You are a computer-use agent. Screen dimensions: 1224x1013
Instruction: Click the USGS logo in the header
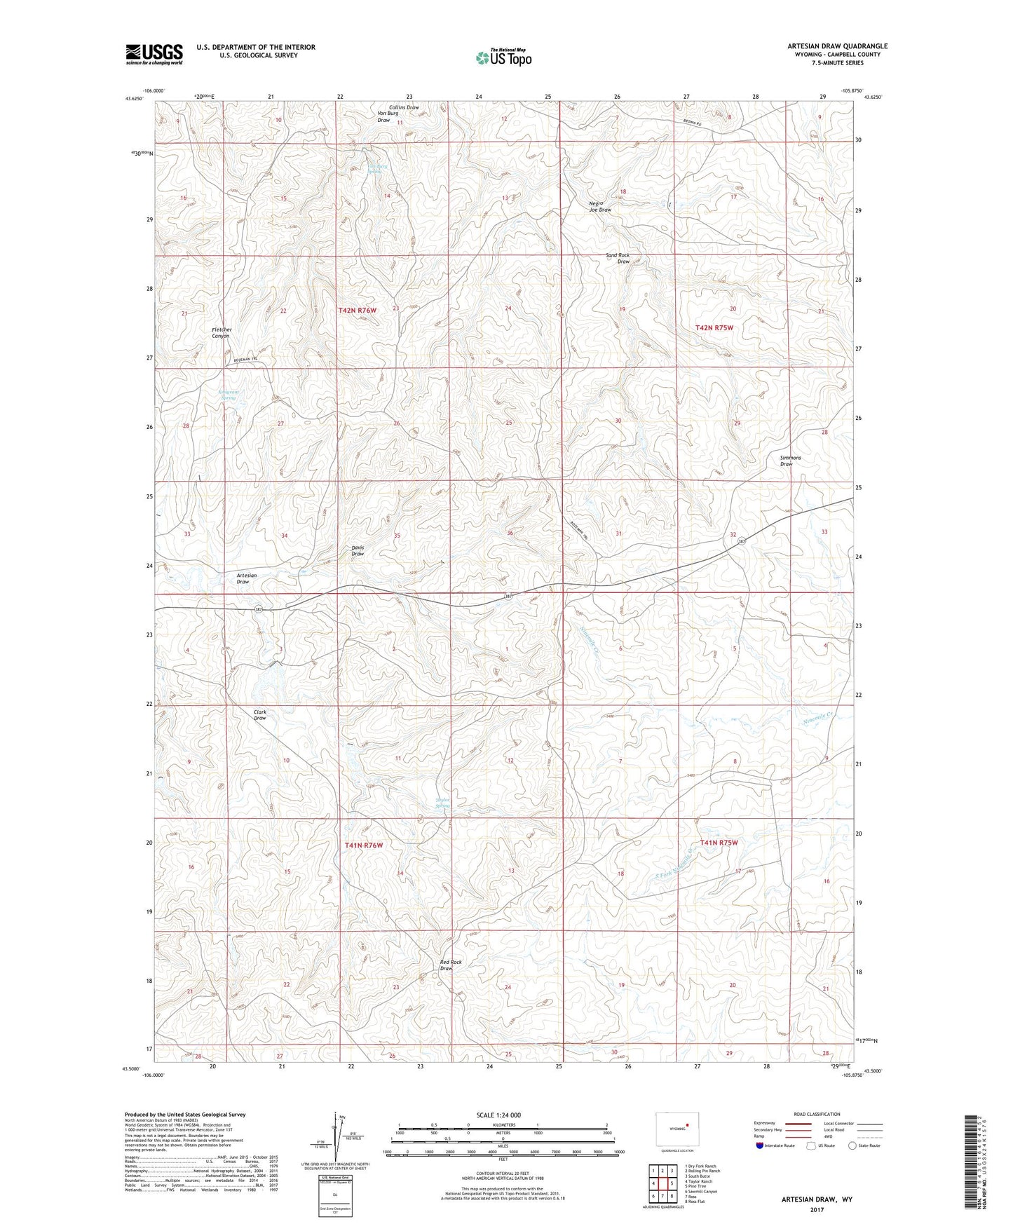pos(154,53)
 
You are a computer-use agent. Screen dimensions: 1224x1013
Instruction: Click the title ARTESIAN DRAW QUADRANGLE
pos(836,46)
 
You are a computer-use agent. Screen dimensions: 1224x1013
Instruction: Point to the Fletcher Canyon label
pos(222,333)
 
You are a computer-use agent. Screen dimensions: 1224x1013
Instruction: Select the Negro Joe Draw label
pos(600,207)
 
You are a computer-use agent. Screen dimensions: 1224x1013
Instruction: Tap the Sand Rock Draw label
pos(618,259)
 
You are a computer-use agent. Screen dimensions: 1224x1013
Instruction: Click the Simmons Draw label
pos(790,461)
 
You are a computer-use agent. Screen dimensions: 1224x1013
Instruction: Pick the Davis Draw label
pos(358,551)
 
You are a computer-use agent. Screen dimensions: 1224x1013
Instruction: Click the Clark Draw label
pos(260,714)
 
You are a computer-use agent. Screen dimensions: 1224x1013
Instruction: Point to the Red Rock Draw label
pos(450,965)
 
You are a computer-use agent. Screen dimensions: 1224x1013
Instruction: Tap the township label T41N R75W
pos(719,843)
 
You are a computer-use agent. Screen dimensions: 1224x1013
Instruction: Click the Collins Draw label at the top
pos(404,108)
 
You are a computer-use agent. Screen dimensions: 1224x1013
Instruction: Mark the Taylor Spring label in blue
pos(442,803)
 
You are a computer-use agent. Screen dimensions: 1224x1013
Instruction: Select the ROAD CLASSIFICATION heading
pos(817,1114)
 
